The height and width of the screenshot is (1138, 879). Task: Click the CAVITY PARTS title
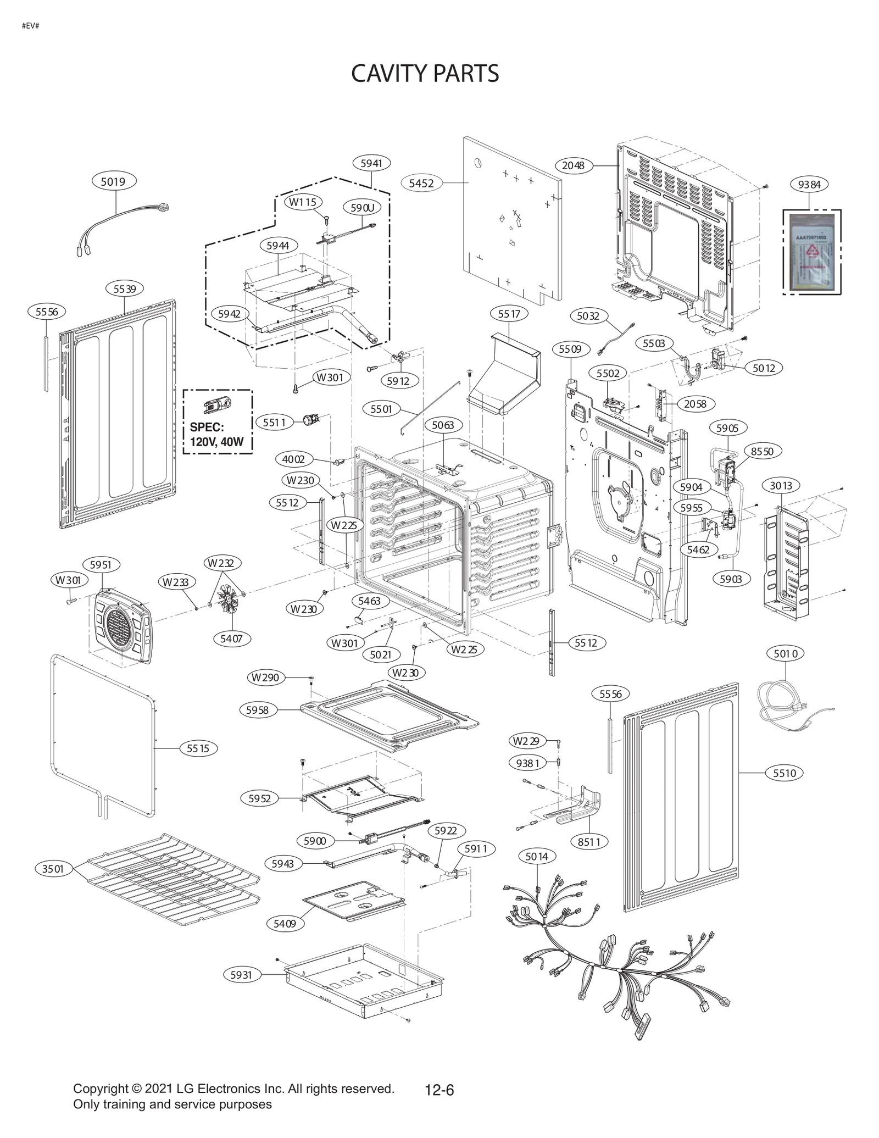pos(425,73)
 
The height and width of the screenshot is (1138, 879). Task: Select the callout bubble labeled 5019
pos(113,181)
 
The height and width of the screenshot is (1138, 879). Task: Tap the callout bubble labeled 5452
pos(421,184)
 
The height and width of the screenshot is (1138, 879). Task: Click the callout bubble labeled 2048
pos(574,165)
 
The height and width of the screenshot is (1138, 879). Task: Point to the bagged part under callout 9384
pos(811,252)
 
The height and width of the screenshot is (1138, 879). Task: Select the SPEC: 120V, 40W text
pos(216,434)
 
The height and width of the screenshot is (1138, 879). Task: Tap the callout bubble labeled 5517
pos(509,314)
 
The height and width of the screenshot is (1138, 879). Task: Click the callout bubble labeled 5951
pos(101,565)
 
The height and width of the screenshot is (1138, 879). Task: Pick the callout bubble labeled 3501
pos(53,869)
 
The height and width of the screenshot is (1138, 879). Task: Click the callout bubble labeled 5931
pos(241,974)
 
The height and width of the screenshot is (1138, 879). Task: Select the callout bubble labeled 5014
pos(537,856)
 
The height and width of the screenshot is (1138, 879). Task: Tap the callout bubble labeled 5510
pos(785,773)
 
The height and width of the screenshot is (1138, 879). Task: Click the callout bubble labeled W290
pos(266,678)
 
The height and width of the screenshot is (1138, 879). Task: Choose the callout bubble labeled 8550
pos(763,451)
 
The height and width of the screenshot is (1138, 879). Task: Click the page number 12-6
pos(439,1090)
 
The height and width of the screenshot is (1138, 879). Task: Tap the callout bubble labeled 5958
pos(258,710)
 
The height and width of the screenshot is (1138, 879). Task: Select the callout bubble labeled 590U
pos(363,208)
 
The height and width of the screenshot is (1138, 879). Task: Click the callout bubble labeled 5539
pos(125,288)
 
